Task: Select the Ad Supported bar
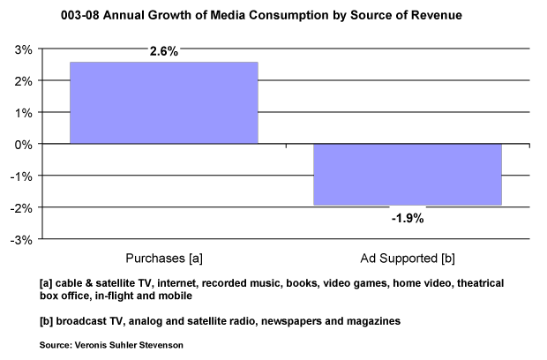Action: pyautogui.click(x=407, y=174)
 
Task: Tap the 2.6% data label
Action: pyautogui.click(x=162, y=52)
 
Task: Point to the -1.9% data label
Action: pyautogui.click(x=407, y=217)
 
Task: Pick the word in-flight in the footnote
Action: pyautogui.click(x=101, y=296)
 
